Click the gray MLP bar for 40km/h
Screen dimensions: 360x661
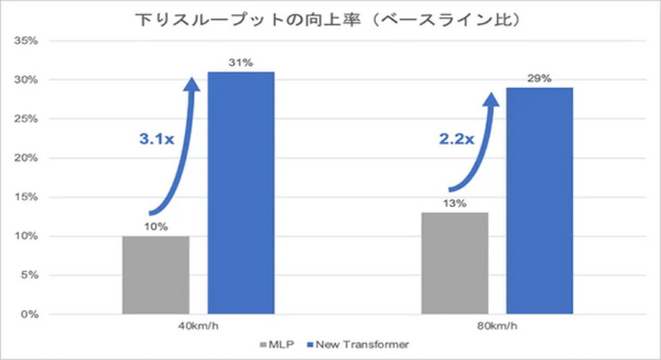tap(156, 275)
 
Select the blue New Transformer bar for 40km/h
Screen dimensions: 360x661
tap(241, 193)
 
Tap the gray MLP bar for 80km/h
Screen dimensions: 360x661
tap(455, 263)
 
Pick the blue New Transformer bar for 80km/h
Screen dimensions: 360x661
tap(539, 201)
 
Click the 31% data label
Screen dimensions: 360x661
tap(241, 63)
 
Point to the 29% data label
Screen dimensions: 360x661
tap(540, 79)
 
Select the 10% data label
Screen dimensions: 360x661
tap(156, 228)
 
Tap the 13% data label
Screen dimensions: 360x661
tap(455, 204)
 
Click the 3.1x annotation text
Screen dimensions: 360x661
tap(156, 137)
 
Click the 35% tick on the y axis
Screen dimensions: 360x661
tap(27, 40)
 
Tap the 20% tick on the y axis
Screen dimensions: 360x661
tap(27, 158)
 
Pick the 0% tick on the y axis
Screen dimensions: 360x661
tap(30, 314)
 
